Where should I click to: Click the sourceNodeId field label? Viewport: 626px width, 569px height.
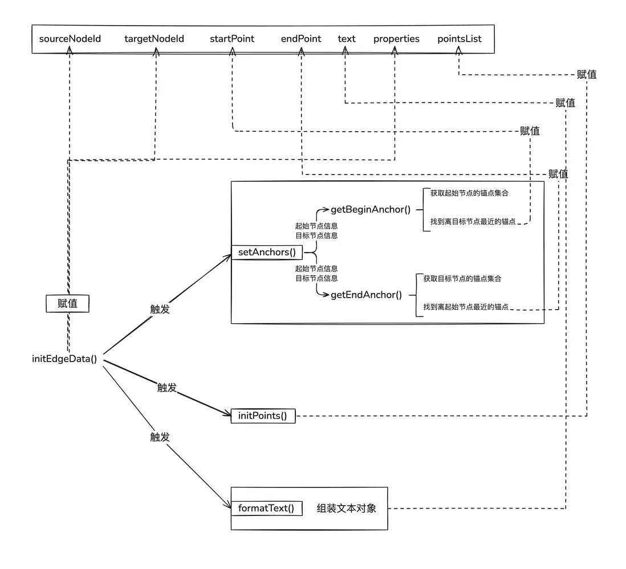70,39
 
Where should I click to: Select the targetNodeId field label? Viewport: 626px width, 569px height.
154,39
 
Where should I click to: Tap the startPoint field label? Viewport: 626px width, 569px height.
231,39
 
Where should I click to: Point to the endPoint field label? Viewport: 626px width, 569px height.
300,39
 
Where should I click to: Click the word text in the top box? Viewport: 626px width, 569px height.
346,39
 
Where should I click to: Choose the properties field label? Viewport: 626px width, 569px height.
396,39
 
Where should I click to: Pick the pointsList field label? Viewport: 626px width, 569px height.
459,39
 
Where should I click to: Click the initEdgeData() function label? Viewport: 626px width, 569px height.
64,359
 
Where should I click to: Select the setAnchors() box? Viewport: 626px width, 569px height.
262,252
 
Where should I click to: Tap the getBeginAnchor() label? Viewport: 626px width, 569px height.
371,209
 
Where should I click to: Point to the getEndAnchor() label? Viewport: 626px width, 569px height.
366,295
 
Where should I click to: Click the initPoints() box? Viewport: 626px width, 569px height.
263,416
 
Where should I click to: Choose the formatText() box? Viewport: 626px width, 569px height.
266,508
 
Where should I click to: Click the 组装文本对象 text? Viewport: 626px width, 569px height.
347,508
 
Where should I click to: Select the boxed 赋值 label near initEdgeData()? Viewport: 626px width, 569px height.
67,304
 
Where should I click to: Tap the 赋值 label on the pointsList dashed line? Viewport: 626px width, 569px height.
587,74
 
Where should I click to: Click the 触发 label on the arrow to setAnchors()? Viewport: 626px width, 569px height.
160,309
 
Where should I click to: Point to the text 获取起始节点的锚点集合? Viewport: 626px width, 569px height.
469,193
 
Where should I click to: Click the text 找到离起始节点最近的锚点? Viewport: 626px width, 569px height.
465,307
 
